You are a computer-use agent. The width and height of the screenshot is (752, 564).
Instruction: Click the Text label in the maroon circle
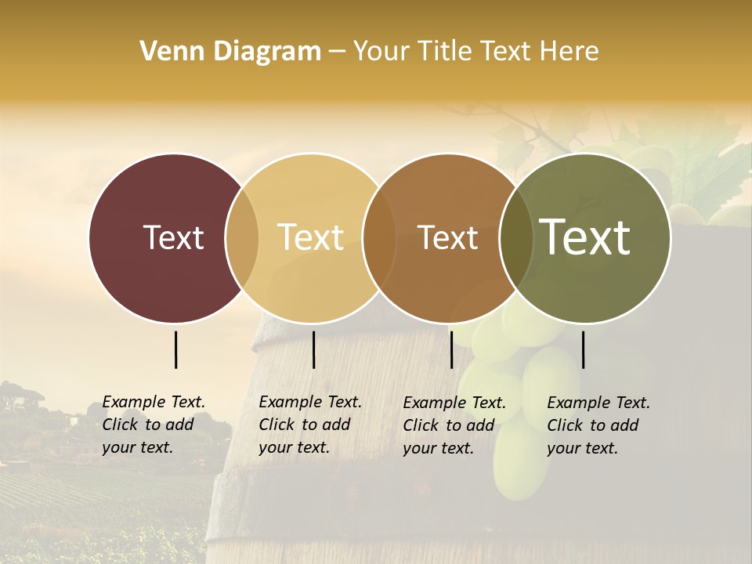point(173,237)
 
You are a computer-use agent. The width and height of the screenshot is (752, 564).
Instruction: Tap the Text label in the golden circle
point(311,237)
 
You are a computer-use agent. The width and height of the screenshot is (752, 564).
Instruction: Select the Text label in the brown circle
point(447,237)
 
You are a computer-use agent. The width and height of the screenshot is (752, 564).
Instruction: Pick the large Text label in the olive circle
point(585,237)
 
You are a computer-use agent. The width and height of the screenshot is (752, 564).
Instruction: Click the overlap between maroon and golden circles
point(242,237)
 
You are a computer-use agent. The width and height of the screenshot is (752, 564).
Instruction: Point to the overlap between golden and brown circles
point(379,237)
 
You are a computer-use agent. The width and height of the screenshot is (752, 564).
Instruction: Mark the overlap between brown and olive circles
point(515,237)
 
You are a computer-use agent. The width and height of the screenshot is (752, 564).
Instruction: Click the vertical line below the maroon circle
point(176,349)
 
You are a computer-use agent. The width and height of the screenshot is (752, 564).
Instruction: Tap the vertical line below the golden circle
point(313,349)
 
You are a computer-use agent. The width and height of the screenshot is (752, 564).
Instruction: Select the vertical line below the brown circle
point(451,349)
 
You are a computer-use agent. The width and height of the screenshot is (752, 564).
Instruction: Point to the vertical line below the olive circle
point(583,349)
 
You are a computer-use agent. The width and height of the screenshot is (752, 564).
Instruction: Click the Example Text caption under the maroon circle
point(154,425)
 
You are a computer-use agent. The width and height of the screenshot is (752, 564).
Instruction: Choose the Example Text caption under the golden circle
point(310,425)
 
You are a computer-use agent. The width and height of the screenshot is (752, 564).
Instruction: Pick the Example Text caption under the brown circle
point(454,425)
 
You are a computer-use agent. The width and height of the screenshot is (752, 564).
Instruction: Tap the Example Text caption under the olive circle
point(598,425)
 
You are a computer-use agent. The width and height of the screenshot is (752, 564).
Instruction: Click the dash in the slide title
point(337,52)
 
